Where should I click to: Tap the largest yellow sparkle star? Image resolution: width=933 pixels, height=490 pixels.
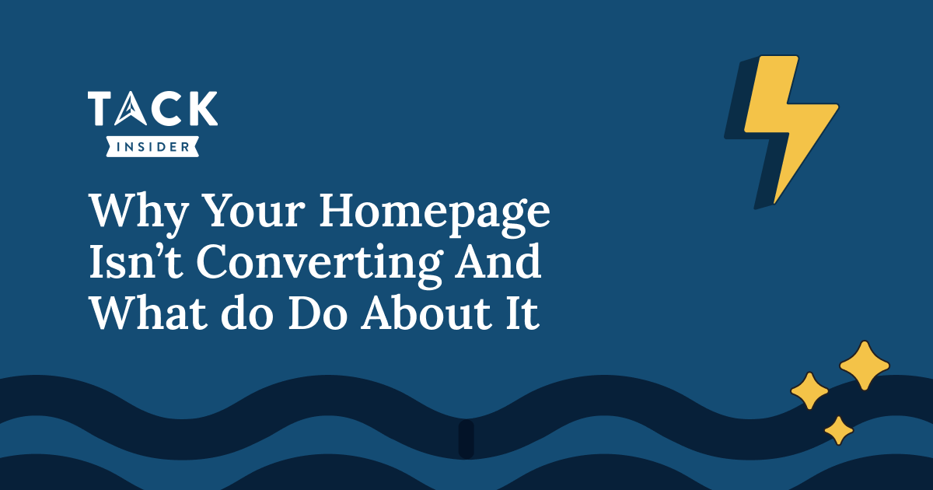[865, 366]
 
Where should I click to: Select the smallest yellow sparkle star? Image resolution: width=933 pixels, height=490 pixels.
[839, 430]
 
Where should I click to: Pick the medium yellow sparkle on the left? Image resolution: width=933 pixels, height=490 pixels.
[809, 390]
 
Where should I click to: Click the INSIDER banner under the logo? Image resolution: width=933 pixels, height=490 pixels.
[152, 147]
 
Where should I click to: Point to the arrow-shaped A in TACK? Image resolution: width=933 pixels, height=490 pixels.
[131, 108]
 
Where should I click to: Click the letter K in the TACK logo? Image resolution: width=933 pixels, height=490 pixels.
[202, 108]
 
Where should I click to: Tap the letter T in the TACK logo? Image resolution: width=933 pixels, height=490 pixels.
[100, 108]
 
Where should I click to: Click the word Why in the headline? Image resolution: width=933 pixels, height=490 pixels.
[139, 212]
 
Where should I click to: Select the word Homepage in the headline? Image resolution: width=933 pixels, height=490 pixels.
[435, 212]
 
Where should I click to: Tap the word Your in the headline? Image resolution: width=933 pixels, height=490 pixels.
[254, 211]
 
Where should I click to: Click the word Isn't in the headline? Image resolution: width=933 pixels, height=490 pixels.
[136, 262]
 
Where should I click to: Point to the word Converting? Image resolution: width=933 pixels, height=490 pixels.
[320, 264]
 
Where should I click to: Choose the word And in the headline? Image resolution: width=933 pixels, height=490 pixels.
[498, 261]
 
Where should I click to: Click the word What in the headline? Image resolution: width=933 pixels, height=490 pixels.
[149, 313]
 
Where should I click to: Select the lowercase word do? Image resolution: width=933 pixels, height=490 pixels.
[247, 313]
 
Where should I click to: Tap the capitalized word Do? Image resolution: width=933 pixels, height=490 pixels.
[318, 313]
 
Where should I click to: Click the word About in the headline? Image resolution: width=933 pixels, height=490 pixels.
[427, 313]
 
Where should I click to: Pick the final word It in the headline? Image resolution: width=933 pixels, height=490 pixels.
[522, 313]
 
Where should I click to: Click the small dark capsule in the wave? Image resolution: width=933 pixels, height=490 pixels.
[466, 439]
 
